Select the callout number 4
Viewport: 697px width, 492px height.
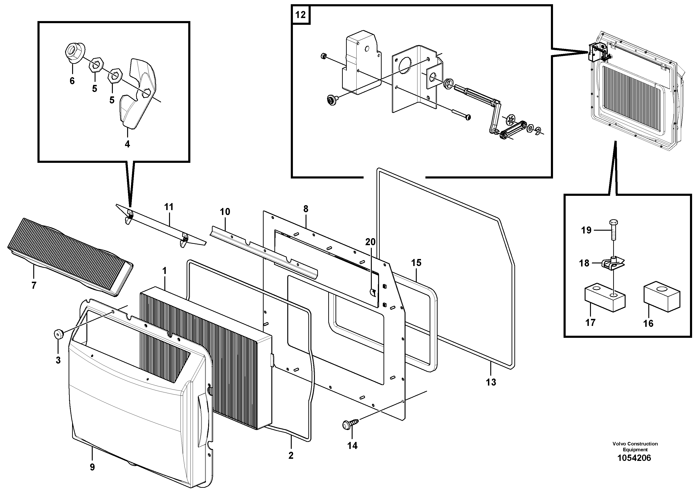[x=127, y=144]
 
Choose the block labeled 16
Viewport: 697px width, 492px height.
[x=661, y=297]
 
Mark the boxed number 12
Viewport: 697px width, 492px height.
[x=300, y=15]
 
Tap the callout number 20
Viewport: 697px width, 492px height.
[x=370, y=242]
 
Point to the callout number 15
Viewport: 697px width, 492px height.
[x=416, y=263]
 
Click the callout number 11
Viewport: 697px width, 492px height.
[x=169, y=207]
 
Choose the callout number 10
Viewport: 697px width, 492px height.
[x=225, y=212]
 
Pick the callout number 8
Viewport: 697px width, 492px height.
[x=305, y=209]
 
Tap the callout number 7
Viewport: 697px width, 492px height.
[x=34, y=285]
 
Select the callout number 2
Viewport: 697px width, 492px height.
[x=291, y=455]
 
